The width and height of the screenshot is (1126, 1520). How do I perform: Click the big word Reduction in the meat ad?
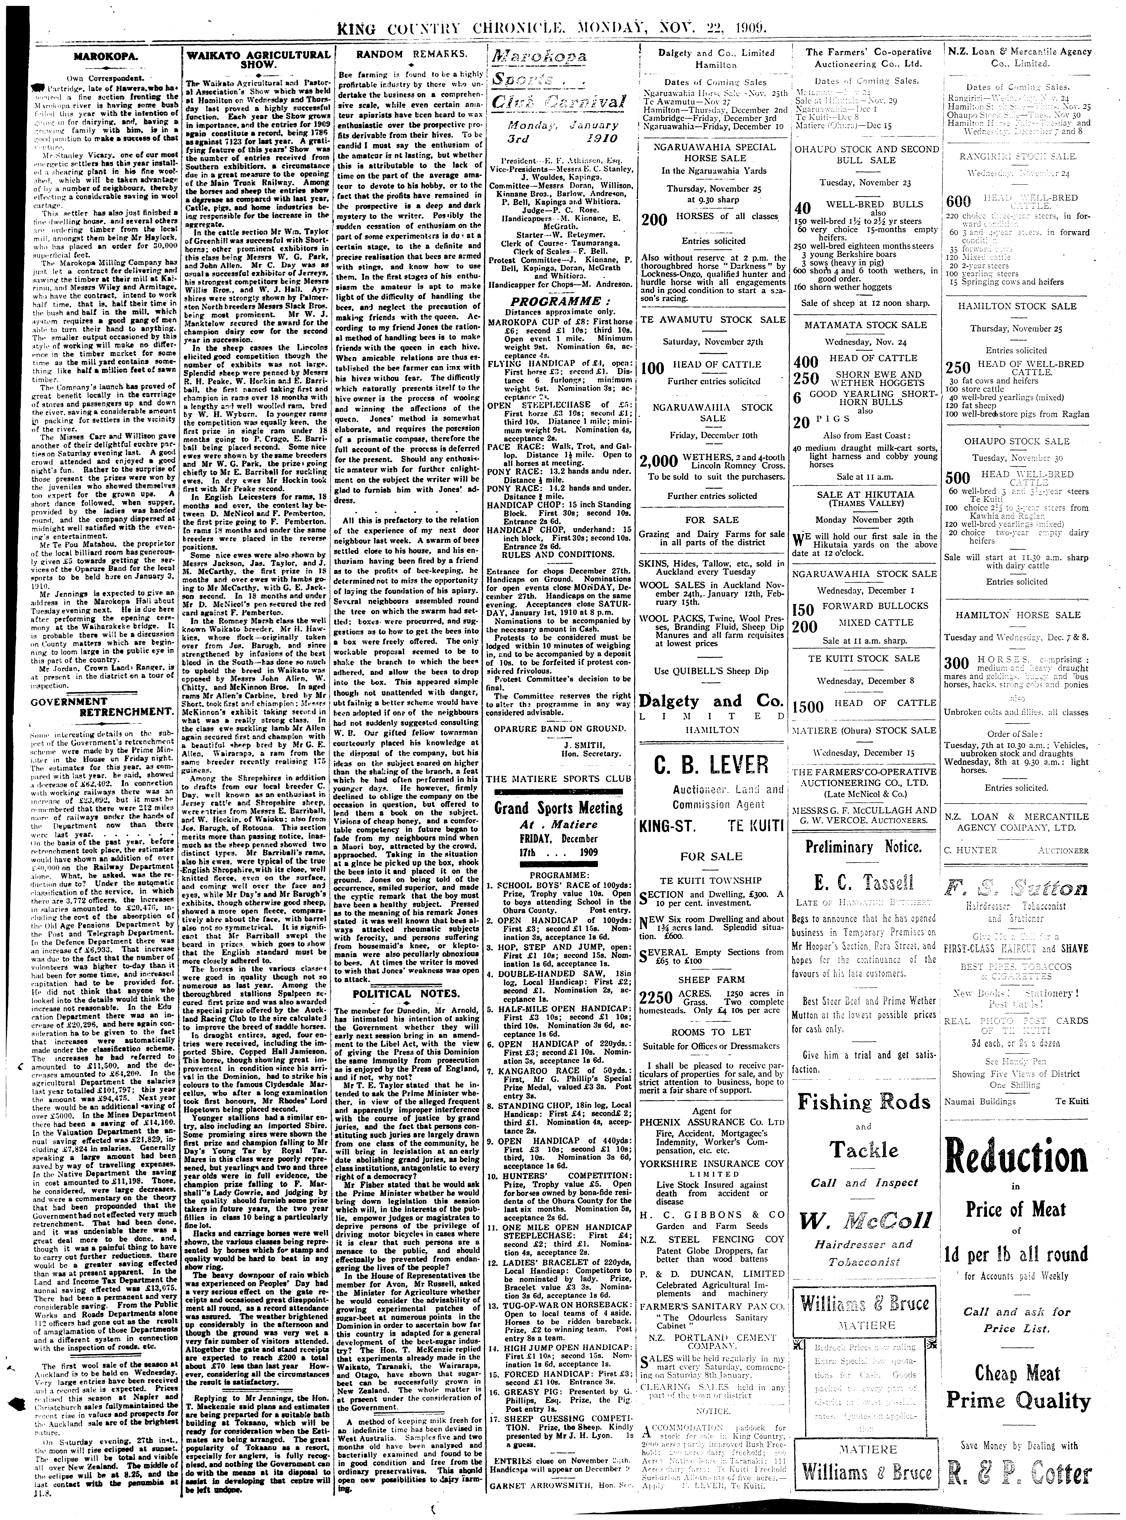[1016, 1157]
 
